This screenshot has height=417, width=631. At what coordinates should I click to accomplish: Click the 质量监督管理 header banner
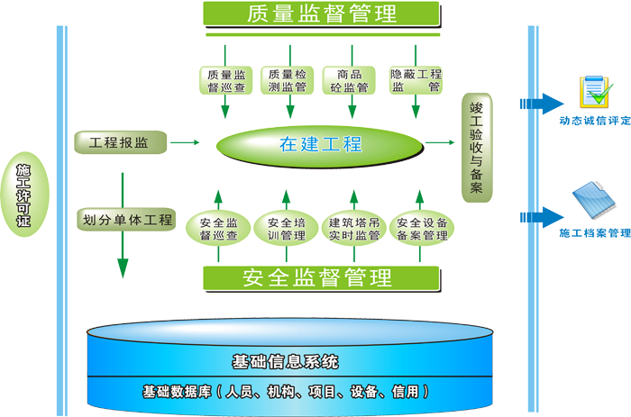coord(321,14)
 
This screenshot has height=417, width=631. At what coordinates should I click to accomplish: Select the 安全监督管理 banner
coord(321,277)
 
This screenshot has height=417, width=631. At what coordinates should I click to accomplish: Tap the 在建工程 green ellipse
coord(320,145)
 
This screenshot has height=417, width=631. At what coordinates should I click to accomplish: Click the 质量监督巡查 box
coord(226,80)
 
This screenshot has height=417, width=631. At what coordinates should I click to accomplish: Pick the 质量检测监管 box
coord(288,80)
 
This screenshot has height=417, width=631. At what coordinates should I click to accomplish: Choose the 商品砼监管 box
coord(351,80)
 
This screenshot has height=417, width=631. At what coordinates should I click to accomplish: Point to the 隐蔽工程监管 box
coord(416,80)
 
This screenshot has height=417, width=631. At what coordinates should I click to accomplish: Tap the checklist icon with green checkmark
coord(596,92)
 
